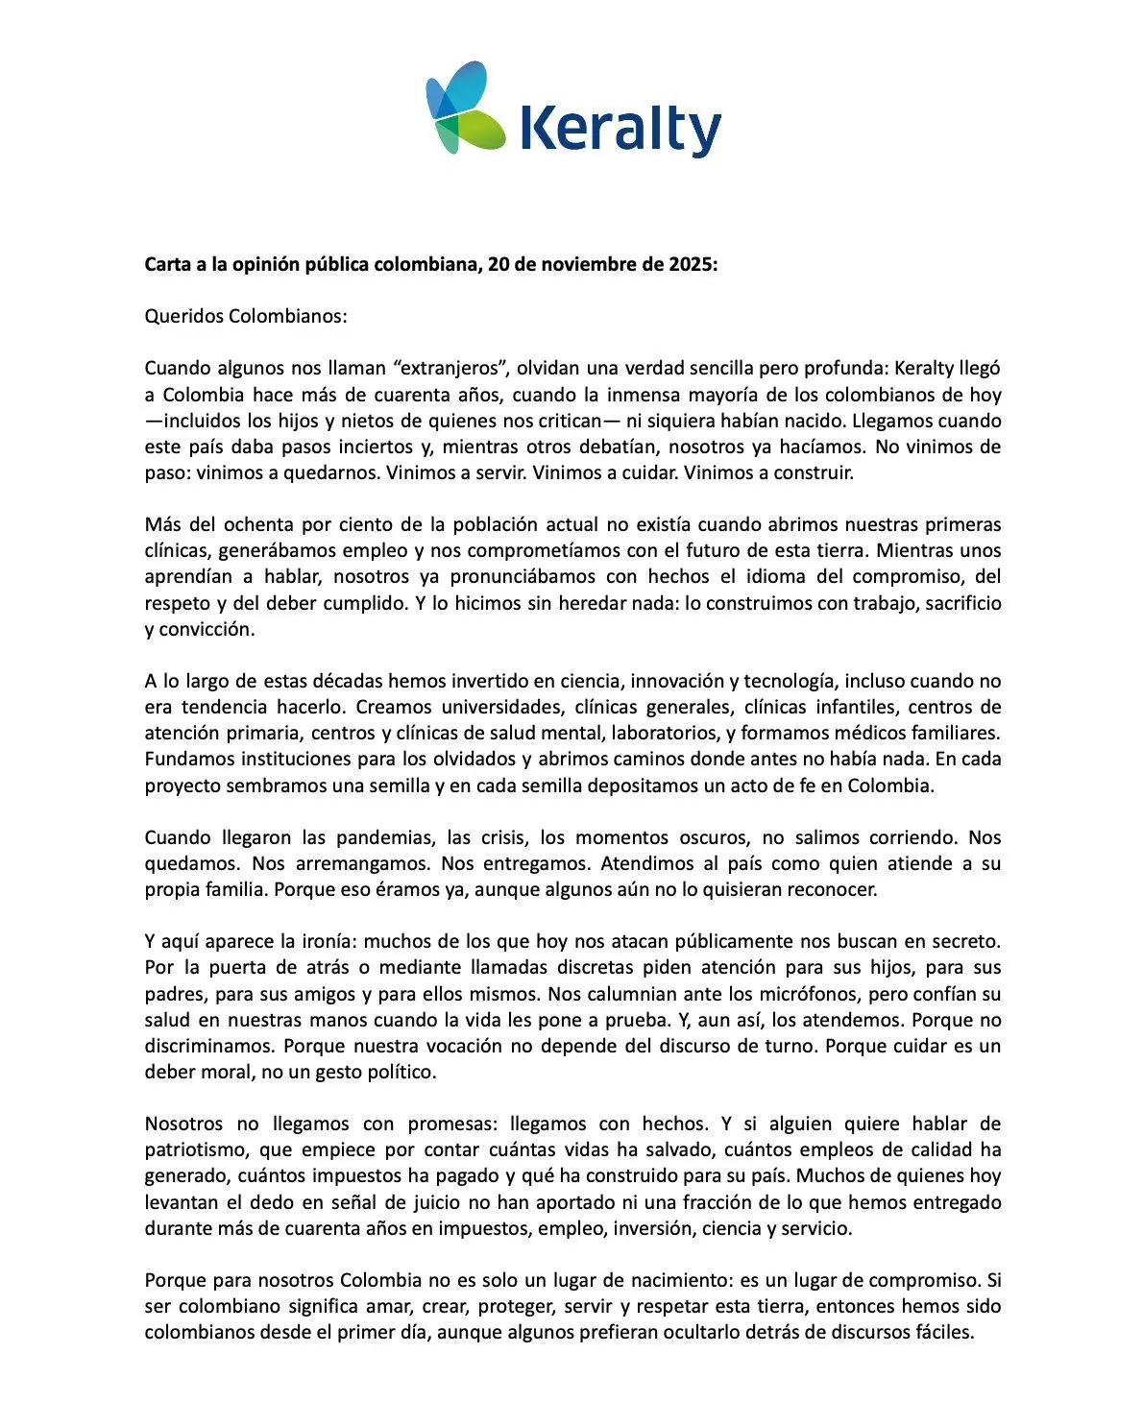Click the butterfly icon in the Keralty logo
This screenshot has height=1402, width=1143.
464,107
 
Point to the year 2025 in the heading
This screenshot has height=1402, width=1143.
690,264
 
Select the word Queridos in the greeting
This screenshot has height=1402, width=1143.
183,316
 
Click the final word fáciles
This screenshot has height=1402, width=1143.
941,1333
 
